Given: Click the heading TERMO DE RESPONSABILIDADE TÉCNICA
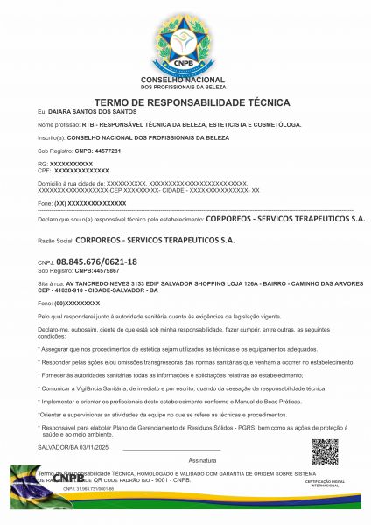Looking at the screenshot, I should pos(185,101).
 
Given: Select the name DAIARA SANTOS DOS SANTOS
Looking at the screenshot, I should pos(81,112).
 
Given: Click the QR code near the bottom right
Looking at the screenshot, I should pos(324,452).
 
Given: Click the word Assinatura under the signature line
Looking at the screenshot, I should pos(202,459).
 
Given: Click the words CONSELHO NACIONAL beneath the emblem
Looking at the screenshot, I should pos(185,80).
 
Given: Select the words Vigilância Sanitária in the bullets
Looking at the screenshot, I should pos(111,386).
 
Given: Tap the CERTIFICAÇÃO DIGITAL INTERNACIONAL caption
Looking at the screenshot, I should pos(324,483).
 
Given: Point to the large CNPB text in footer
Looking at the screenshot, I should pos(70,479).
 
